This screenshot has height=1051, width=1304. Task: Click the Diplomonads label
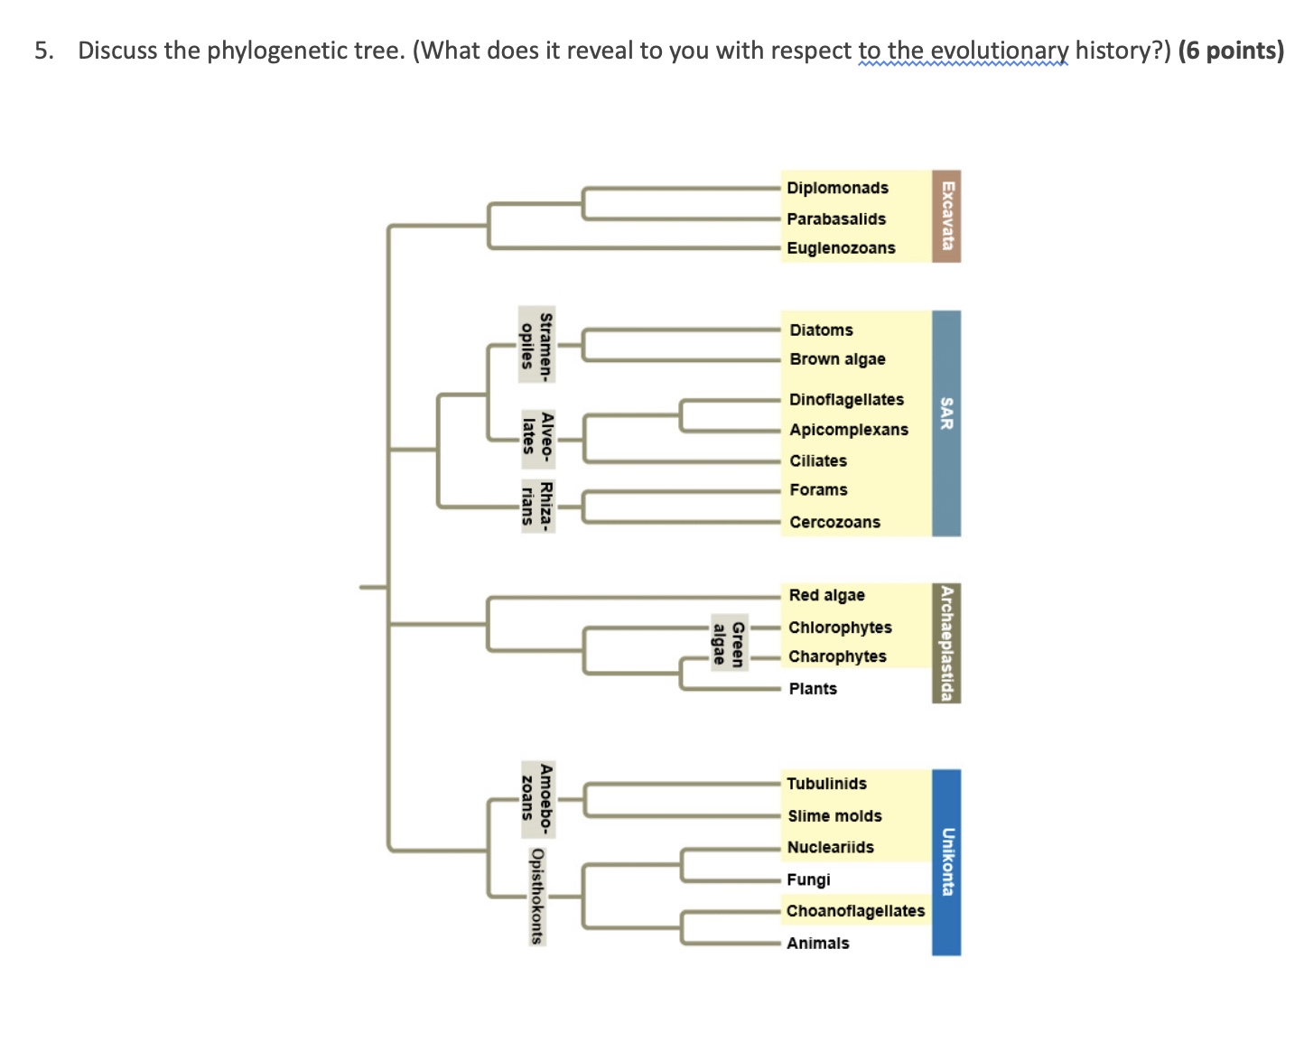(x=837, y=188)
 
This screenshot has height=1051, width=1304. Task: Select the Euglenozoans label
(x=841, y=248)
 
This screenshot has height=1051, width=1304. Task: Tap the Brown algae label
(x=837, y=359)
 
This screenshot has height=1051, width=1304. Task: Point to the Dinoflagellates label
(x=846, y=400)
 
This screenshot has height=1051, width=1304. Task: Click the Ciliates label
(x=818, y=461)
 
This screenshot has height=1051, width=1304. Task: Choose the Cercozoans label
(x=834, y=523)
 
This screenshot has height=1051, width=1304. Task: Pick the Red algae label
(x=826, y=596)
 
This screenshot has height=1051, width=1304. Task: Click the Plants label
(x=813, y=689)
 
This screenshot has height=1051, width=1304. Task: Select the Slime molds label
(x=834, y=816)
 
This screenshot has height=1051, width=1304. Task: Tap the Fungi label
(x=808, y=880)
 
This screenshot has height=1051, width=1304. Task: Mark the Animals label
(x=817, y=944)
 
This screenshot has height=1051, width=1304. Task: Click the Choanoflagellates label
(x=855, y=911)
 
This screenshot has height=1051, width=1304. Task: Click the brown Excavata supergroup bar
(x=946, y=216)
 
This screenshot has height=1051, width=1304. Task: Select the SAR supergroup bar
(x=946, y=423)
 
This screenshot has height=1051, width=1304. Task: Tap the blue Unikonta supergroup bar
(x=946, y=862)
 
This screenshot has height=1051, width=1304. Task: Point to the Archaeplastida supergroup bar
(x=946, y=643)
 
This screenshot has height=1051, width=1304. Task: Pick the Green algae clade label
(x=728, y=644)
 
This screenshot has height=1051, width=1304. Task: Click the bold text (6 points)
(x=1231, y=51)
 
